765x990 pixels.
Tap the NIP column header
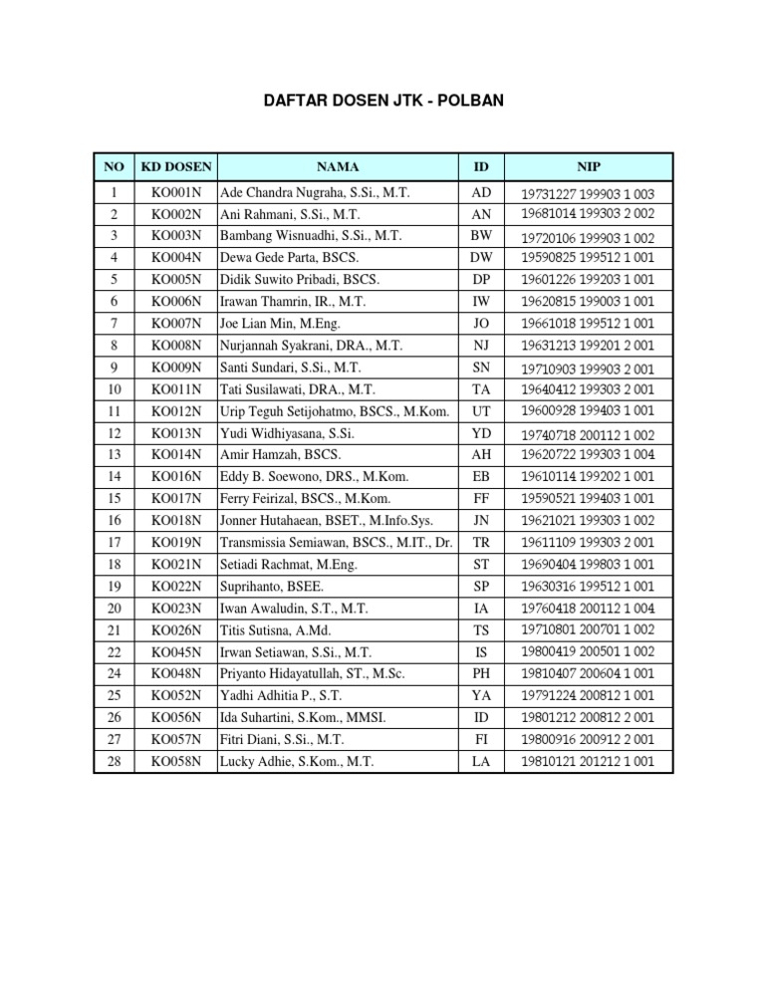click(587, 166)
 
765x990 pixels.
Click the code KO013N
click(176, 434)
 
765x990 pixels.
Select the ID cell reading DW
click(481, 257)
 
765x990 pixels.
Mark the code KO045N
click(176, 651)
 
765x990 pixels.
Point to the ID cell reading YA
click(481, 697)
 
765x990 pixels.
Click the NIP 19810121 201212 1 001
click(587, 762)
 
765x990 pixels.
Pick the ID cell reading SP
click(481, 586)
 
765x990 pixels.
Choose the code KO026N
click(176, 629)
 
